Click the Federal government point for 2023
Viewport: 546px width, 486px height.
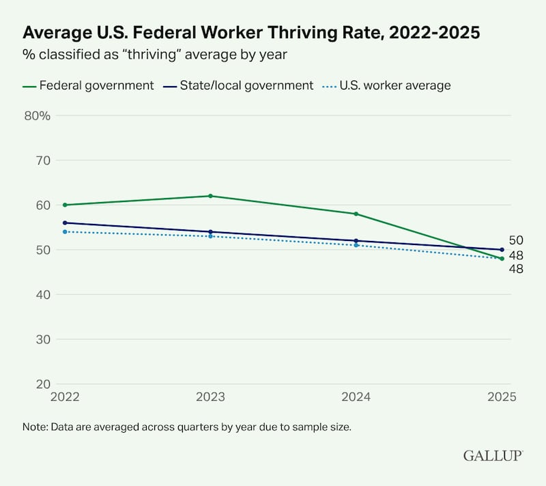[x=210, y=196]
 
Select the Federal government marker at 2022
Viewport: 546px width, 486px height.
[x=65, y=205]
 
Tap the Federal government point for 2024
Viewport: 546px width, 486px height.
[x=356, y=214]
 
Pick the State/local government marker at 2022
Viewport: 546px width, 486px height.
[x=65, y=223]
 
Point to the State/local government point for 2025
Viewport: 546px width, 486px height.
[x=502, y=250]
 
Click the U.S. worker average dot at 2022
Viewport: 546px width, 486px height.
[x=65, y=231]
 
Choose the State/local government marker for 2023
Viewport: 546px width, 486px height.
[x=210, y=231]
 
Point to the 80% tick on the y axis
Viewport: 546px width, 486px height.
[x=38, y=115]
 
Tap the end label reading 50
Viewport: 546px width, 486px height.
[x=516, y=240]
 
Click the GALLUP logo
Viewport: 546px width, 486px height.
[x=493, y=455]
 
